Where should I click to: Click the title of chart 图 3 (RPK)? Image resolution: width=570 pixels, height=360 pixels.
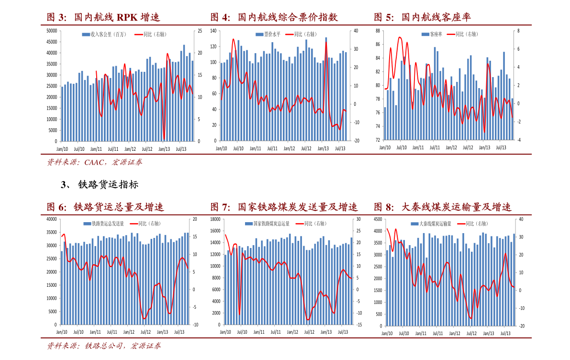pyautogui.click(x=103, y=18)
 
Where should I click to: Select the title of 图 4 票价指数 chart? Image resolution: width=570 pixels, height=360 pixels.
pyautogui.click(x=274, y=18)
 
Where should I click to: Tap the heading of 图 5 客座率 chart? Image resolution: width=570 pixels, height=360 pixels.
pyautogui.click(x=422, y=18)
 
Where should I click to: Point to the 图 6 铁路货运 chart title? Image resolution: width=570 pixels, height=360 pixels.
pyautogui.click(x=105, y=207)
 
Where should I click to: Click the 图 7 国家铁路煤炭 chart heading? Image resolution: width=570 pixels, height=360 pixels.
pyautogui.click(x=284, y=207)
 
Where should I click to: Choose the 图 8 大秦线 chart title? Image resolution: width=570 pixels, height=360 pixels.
pyautogui.click(x=442, y=207)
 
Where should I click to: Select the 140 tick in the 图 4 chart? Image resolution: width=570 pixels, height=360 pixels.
pyautogui.click(x=214, y=31)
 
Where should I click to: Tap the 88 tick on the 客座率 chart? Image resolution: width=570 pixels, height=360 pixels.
pyautogui.click(x=377, y=31)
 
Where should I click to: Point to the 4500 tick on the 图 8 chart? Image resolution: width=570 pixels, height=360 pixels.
pyautogui.click(x=378, y=219)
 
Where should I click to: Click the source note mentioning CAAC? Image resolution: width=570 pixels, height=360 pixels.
pyautogui.click(x=94, y=162)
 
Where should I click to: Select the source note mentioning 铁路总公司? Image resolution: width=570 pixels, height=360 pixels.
pyautogui.click(x=104, y=346)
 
